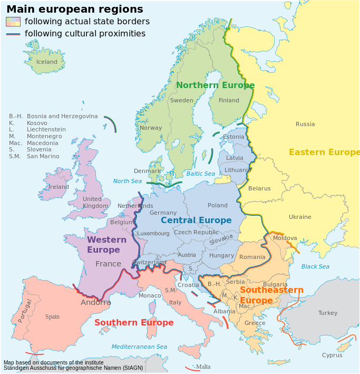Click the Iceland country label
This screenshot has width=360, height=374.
(x=46, y=62)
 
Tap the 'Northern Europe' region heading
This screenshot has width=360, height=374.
(x=215, y=85)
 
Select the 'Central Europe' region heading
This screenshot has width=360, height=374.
(x=196, y=220)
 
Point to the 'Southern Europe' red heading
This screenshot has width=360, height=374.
(x=134, y=323)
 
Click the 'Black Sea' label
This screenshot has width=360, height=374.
(x=315, y=267)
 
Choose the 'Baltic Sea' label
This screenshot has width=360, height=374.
(x=200, y=174)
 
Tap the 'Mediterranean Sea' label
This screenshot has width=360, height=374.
(x=139, y=347)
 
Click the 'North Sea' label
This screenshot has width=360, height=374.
(x=128, y=181)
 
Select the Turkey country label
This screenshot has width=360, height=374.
(x=327, y=313)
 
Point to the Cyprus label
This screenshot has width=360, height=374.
(x=332, y=356)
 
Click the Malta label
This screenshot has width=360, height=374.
(x=203, y=367)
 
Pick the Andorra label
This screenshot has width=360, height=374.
(x=95, y=303)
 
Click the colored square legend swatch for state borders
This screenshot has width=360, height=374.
(x=13, y=22)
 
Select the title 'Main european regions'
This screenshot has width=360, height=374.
(x=74, y=9)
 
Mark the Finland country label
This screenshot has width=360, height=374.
(x=229, y=101)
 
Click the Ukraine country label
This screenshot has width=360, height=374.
(x=300, y=217)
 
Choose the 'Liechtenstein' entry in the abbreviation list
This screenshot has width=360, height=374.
(x=46, y=130)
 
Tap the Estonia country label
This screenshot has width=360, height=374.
(x=233, y=137)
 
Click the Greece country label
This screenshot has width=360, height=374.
(x=255, y=323)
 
